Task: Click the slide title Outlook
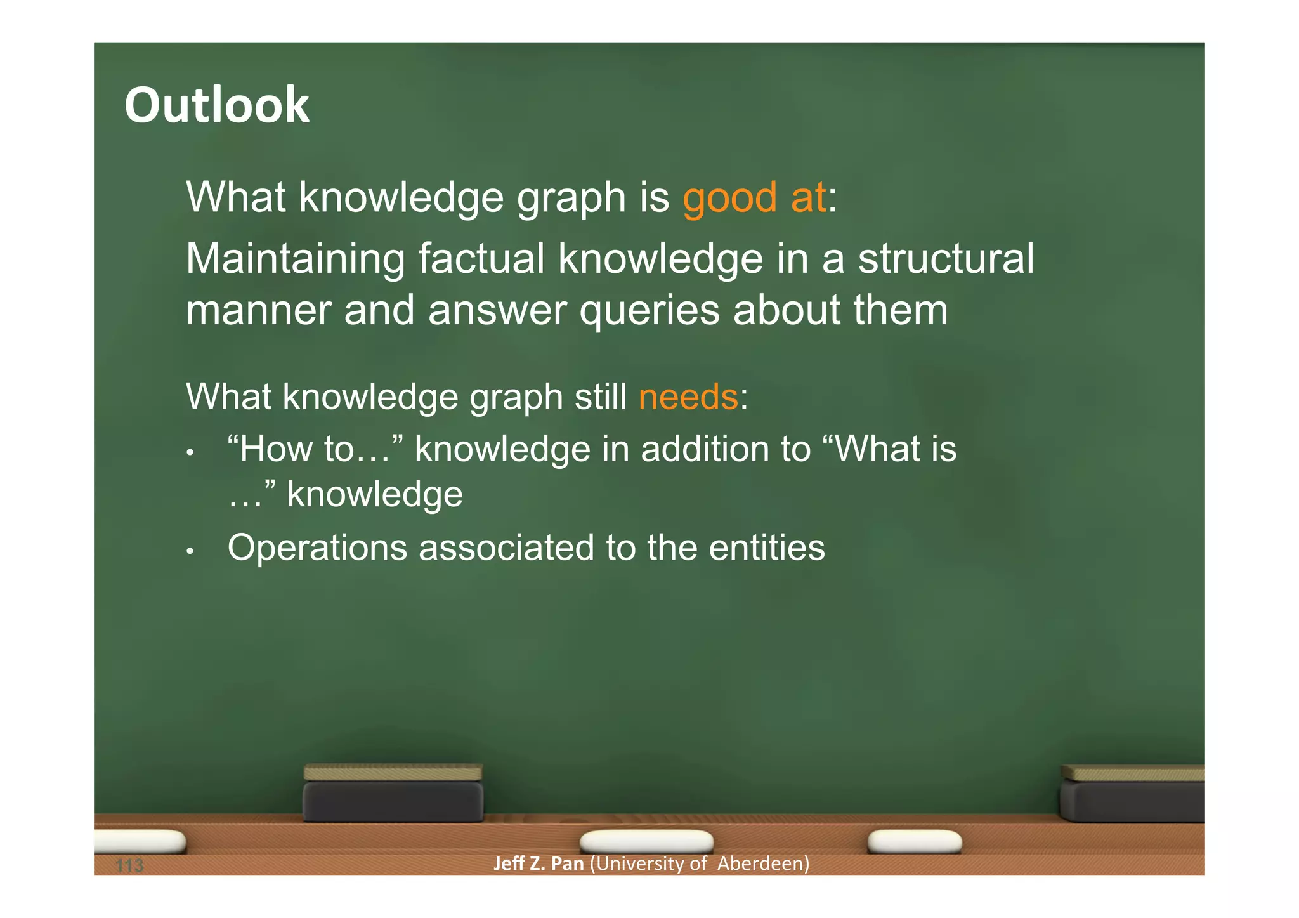tap(217, 105)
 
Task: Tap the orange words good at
tap(754, 198)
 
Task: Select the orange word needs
tap(688, 397)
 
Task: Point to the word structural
tap(946, 259)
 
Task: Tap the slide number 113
tap(130, 865)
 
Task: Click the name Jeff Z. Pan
tap(539, 863)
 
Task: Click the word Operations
tap(317, 548)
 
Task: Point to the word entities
tap(766, 548)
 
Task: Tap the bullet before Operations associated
tap(190, 551)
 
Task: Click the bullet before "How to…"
tap(190, 453)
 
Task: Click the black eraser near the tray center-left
tap(393, 794)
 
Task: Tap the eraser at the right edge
tap(1133, 794)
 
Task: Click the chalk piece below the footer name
tap(646, 841)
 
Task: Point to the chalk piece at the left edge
tap(141, 841)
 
